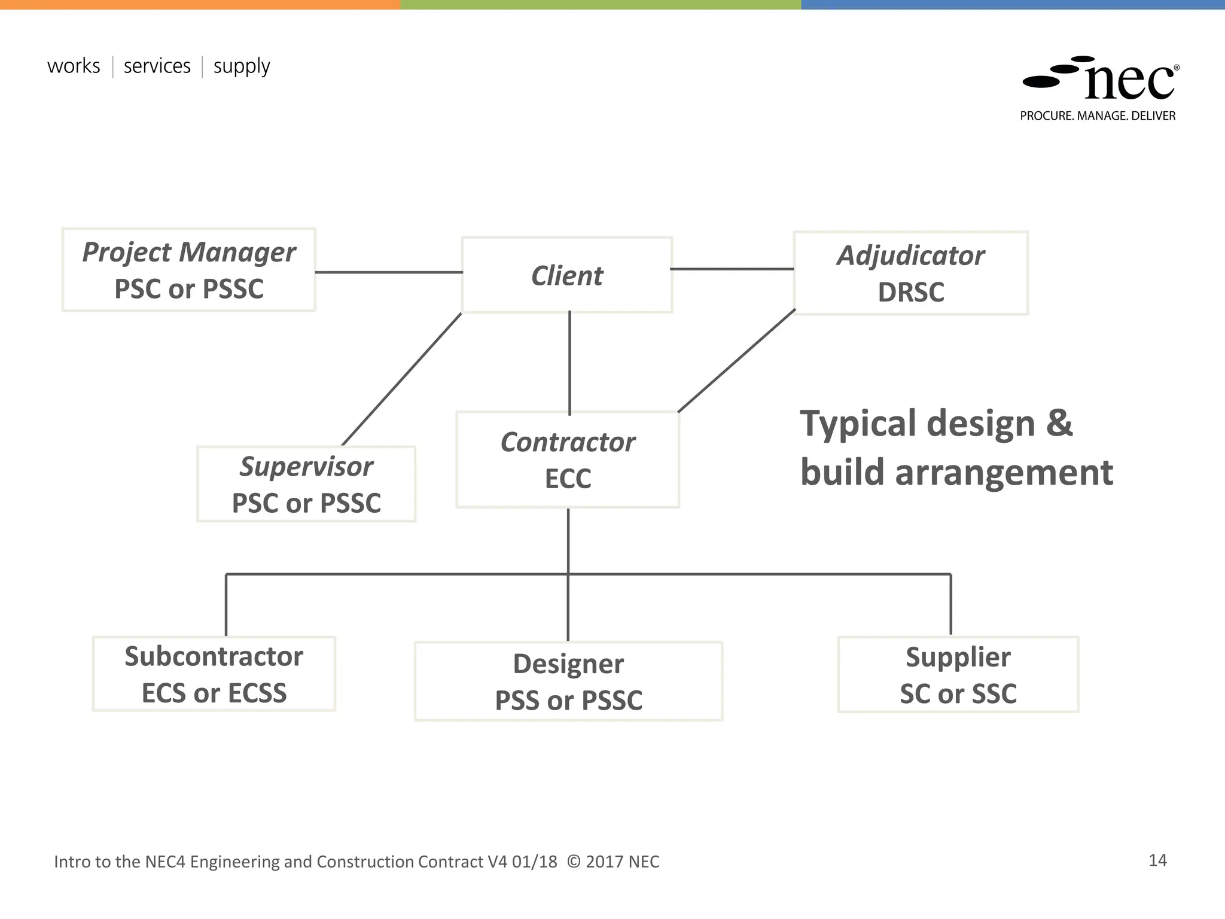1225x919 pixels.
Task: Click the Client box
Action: (x=567, y=275)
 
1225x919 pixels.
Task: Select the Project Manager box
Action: (x=188, y=270)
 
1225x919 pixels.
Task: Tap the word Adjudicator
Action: (x=910, y=255)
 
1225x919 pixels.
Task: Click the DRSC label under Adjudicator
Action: (x=910, y=293)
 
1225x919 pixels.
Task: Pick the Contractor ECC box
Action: (x=568, y=459)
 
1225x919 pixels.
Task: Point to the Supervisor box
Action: (x=306, y=484)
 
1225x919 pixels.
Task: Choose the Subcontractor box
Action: (x=214, y=674)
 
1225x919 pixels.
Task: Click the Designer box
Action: (x=568, y=681)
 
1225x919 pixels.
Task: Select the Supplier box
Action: (x=958, y=674)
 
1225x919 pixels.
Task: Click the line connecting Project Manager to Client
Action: (x=389, y=272)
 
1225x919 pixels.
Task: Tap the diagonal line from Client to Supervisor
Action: (x=402, y=379)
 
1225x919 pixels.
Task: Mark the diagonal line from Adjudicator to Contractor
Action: (x=737, y=361)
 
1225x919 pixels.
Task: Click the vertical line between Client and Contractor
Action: (x=569, y=363)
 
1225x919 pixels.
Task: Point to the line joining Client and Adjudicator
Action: (x=733, y=269)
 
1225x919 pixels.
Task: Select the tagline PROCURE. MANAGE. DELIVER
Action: (x=1098, y=116)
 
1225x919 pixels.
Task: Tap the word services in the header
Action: (x=157, y=66)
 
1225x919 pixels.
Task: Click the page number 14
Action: (x=1157, y=860)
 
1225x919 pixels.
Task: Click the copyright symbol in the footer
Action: (x=573, y=862)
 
